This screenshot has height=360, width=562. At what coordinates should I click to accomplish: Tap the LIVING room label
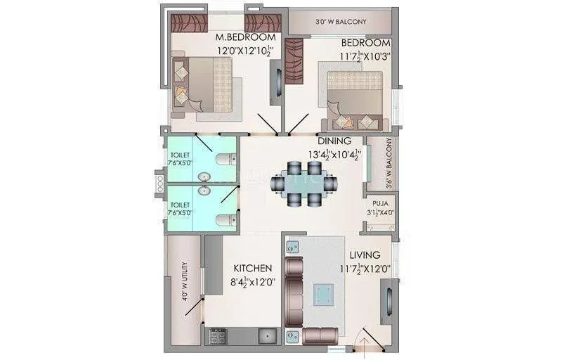click(x=364, y=255)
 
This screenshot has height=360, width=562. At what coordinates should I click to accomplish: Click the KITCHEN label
click(x=253, y=268)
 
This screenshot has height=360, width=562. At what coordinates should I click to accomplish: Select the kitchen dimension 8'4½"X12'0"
click(x=252, y=282)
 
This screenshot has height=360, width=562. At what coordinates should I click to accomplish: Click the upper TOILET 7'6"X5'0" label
click(x=180, y=160)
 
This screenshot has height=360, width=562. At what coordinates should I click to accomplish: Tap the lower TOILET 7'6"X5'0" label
click(x=180, y=209)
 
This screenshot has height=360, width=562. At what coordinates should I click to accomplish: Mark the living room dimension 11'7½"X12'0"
click(x=364, y=269)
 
